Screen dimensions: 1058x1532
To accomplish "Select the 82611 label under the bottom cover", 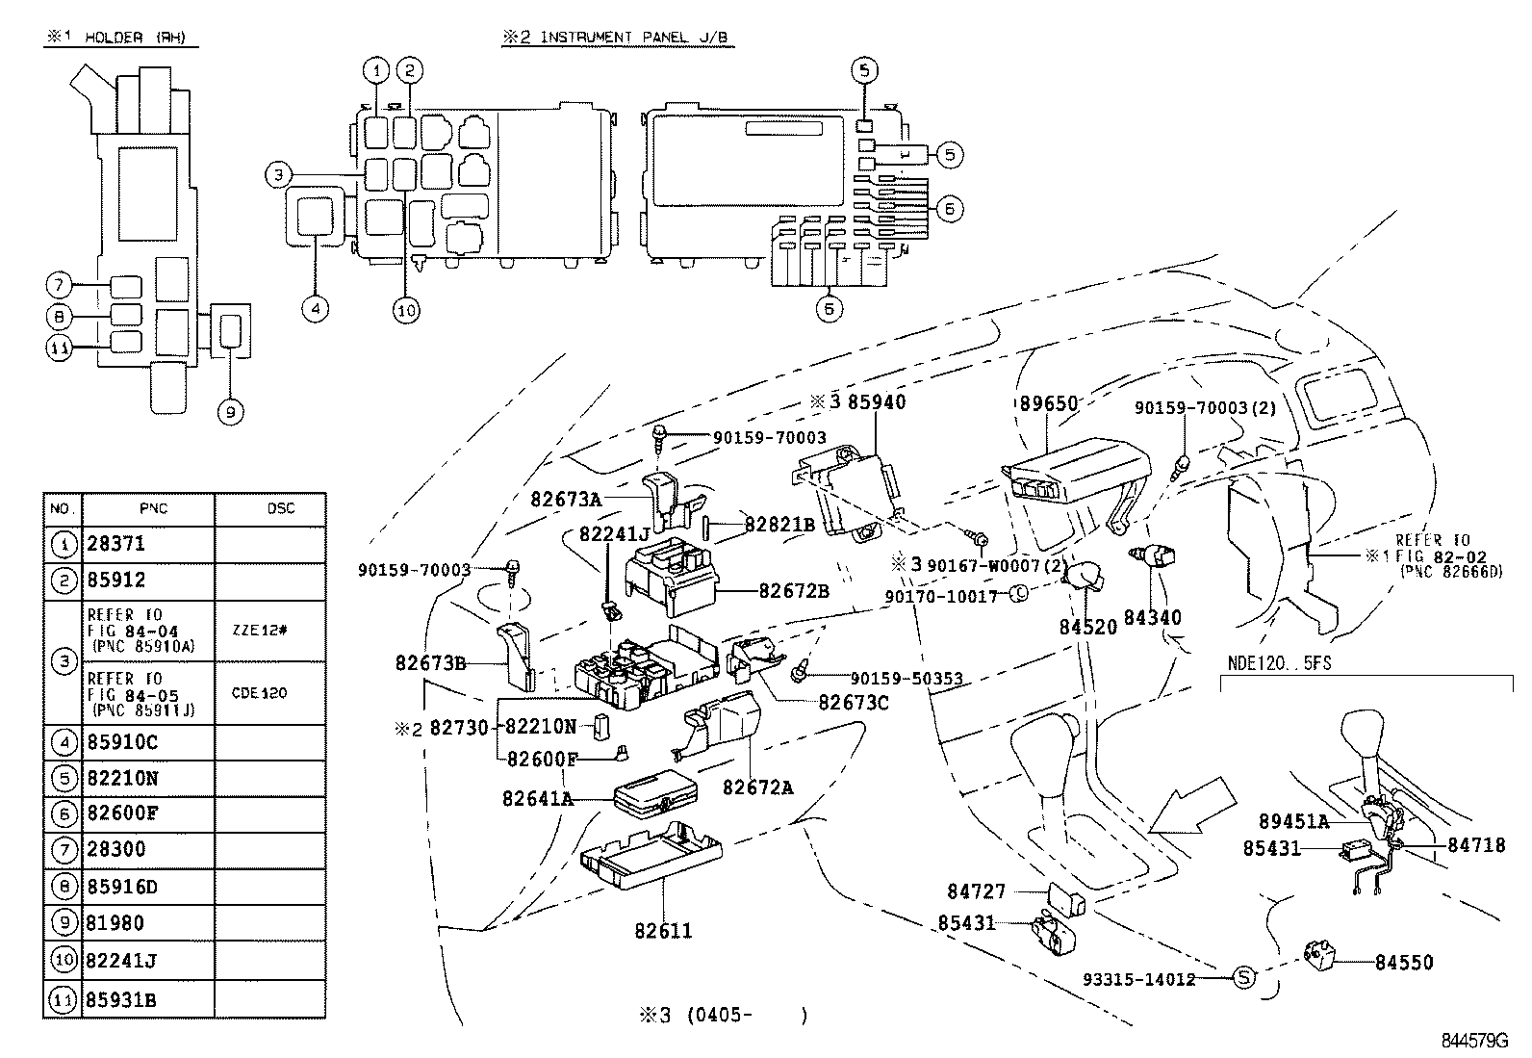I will click(663, 931).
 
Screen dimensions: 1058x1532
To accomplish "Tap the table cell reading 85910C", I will click(122, 742).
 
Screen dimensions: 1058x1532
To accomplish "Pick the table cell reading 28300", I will click(116, 849).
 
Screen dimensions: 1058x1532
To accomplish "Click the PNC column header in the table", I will click(152, 508).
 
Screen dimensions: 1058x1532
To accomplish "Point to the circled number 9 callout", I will click(230, 413).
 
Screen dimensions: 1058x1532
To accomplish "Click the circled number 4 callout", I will click(315, 310).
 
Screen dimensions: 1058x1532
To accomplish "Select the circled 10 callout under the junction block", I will click(407, 310).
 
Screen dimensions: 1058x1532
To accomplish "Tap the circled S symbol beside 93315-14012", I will click(1244, 978).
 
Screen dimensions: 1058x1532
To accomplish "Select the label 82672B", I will click(793, 591).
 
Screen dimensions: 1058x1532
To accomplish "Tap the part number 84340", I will click(1152, 617).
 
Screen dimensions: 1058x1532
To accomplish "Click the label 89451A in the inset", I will click(1293, 821).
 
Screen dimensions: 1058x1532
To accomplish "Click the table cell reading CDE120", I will click(259, 693).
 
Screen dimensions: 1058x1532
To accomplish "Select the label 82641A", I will click(537, 798).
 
